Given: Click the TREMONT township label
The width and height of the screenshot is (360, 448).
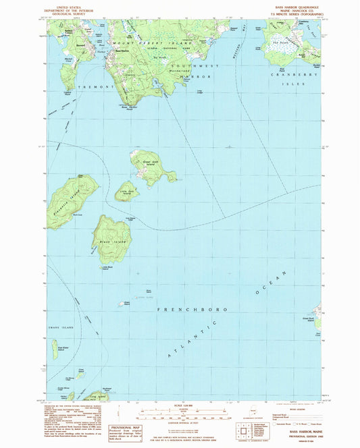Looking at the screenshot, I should click(89, 87).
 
